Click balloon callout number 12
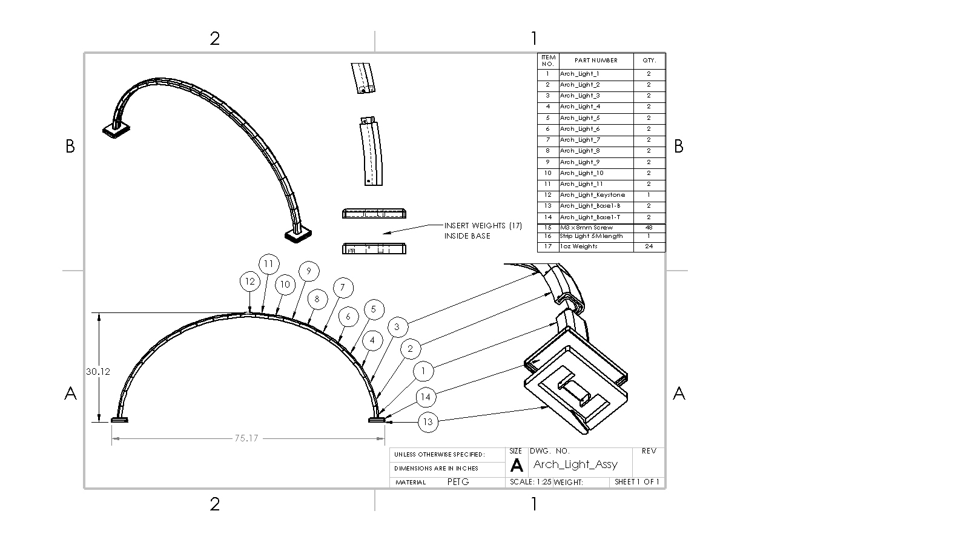pyautogui.click(x=249, y=282)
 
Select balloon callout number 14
pyautogui.click(x=426, y=397)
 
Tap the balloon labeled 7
pyautogui.click(x=342, y=288)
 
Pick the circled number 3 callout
pyautogui.click(x=397, y=327)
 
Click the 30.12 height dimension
pyautogui.click(x=97, y=372)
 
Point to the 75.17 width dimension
pyautogui.click(x=246, y=438)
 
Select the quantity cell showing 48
pyautogui.click(x=649, y=228)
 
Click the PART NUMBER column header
pyautogui.click(x=596, y=61)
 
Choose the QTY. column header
pyautogui.click(x=649, y=61)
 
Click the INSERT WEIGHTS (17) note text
pyautogui.click(x=483, y=226)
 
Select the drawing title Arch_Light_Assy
pyautogui.click(x=575, y=464)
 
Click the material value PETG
pyautogui.click(x=458, y=482)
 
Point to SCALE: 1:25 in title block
pyautogui.click(x=530, y=482)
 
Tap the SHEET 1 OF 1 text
pyautogui.click(x=637, y=482)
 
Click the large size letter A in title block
pyautogui.click(x=517, y=466)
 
